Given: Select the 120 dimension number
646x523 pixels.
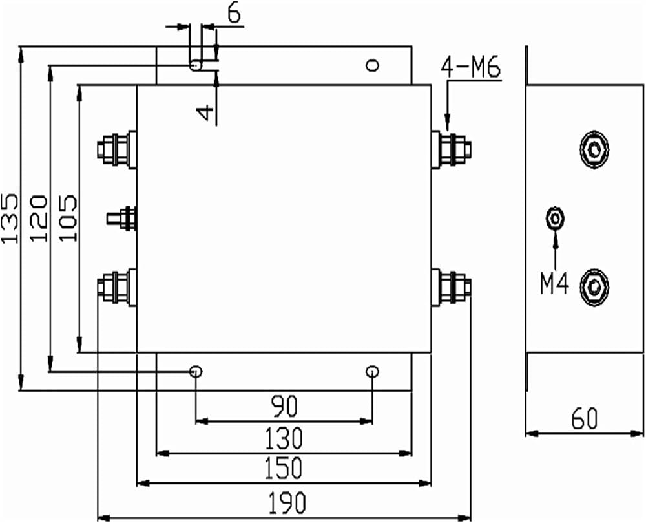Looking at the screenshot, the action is (x=39, y=218).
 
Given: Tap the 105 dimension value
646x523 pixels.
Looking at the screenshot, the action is (x=67, y=217).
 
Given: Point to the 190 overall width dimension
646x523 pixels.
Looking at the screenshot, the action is (x=287, y=502).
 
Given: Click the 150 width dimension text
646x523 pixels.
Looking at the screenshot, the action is (x=283, y=469).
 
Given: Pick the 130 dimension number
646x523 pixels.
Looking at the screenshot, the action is (x=284, y=438).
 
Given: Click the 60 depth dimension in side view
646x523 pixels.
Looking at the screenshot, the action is (x=585, y=418).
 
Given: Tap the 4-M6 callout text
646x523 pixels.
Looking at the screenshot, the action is (x=471, y=67).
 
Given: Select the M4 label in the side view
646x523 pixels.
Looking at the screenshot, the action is (x=554, y=284).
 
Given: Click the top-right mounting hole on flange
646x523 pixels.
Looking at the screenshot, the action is (x=373, y=65).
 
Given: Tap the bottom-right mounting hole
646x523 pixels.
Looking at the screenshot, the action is (x=373, y=372).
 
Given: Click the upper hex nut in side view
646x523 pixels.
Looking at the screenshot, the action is (x=594, y=149).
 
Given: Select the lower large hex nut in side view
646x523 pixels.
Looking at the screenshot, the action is (x=594, y=286).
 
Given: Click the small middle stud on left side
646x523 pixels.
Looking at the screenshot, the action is (x=121, y=218).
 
